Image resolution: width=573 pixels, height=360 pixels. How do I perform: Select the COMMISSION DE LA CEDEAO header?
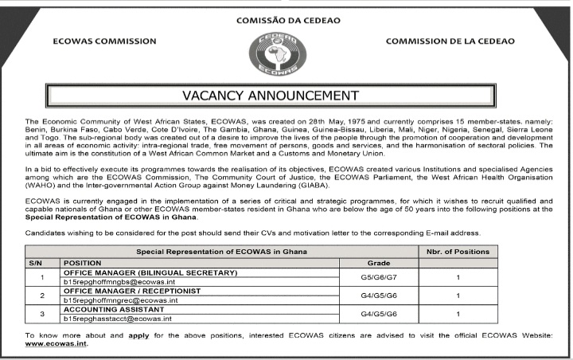(450, 41)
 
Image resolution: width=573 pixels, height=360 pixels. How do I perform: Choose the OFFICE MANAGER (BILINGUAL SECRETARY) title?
(150, 272)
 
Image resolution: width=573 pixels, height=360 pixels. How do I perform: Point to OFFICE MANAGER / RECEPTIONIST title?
(131, 291)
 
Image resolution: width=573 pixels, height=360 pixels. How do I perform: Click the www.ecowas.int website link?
(57, 344)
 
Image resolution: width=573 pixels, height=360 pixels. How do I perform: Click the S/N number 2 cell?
(41, 295)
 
